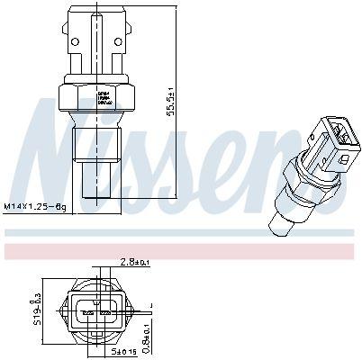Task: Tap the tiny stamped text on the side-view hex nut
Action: [x=104, y=95]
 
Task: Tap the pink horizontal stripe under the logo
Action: [x=180, y=245]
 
